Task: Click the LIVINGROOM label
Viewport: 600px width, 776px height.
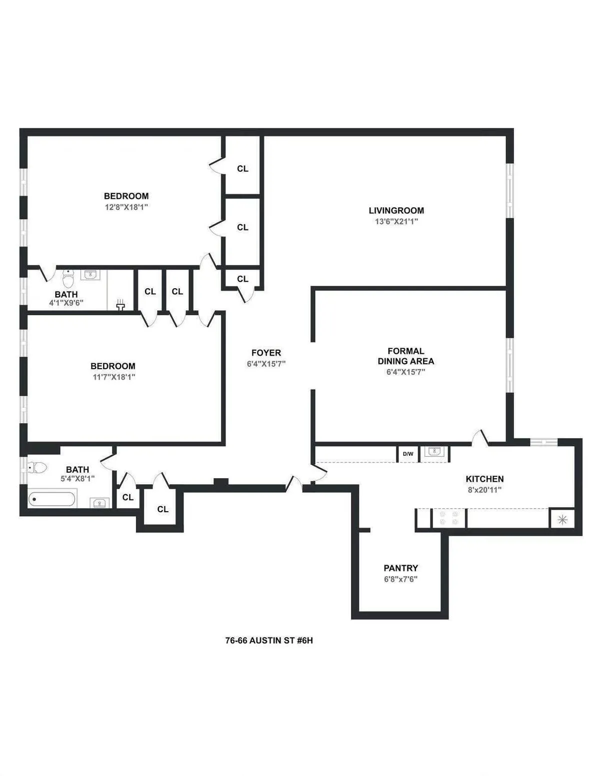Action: (396, 211)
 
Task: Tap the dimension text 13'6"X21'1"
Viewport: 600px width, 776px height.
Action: (396, 222)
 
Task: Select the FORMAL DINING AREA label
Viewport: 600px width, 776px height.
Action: (405, 356)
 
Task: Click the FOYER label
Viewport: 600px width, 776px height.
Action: (266, 353)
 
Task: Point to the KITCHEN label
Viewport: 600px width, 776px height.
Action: (484, 479)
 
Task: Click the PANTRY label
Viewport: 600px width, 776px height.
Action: (400, 568)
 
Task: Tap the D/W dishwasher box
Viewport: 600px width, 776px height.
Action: (408, 454)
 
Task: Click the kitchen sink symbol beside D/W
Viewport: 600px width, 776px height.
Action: (434, 452)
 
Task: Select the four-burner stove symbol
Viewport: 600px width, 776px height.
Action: (448, 518)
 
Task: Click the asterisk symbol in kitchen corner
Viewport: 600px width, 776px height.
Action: (562, 520)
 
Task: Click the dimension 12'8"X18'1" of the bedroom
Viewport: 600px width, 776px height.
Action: (126, 207)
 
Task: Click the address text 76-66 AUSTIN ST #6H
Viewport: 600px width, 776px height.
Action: (269, 641)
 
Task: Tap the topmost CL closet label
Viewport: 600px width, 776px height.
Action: (242, 169)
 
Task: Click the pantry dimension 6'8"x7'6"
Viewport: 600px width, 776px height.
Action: (400, 580)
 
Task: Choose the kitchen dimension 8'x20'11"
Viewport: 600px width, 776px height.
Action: (484, 490)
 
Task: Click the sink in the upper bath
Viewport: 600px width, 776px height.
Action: (90, 274)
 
